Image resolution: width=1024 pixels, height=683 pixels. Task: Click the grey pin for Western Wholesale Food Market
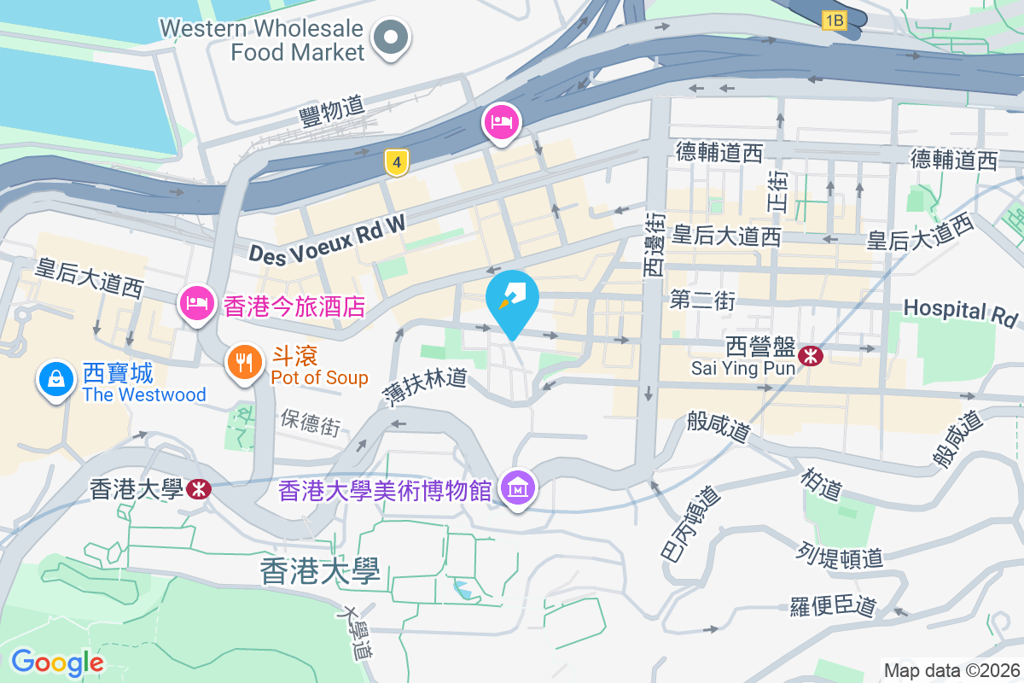392,38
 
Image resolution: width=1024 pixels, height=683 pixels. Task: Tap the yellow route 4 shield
393,162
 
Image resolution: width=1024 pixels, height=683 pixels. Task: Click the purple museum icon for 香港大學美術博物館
518,490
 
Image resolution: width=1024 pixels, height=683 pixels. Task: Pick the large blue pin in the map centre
512,300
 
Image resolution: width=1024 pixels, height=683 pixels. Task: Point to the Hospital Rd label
961,312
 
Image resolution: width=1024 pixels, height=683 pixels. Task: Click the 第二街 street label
702,300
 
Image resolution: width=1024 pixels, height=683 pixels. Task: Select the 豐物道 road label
332,111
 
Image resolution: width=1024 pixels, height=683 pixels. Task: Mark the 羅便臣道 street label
833,606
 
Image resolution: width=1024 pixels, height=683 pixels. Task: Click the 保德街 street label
311,422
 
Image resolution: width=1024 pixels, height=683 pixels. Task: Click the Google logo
57,662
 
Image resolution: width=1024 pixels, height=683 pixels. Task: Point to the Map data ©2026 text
951,671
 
